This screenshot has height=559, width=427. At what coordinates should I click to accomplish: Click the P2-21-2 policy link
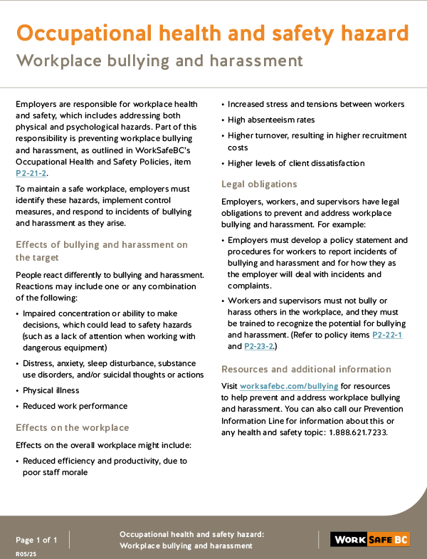tap(31, 173)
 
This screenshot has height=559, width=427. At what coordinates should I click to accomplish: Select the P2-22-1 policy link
tap(387, 335)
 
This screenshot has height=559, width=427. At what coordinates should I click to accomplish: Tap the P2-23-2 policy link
tap(259, 347)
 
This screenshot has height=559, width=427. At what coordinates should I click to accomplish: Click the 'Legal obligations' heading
tap(259, 184)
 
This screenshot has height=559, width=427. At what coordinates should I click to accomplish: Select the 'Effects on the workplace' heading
tap(73, 427)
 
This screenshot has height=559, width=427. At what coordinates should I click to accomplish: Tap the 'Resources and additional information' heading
tap(306, 369)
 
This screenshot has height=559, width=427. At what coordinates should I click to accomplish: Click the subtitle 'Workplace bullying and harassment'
tap(159, 61)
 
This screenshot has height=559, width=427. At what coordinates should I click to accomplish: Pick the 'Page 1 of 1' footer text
tap(37, 539)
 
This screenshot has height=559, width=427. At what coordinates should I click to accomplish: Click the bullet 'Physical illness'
tap(51, 390)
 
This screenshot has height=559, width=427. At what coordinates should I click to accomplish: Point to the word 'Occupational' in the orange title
tap(89, 33)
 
